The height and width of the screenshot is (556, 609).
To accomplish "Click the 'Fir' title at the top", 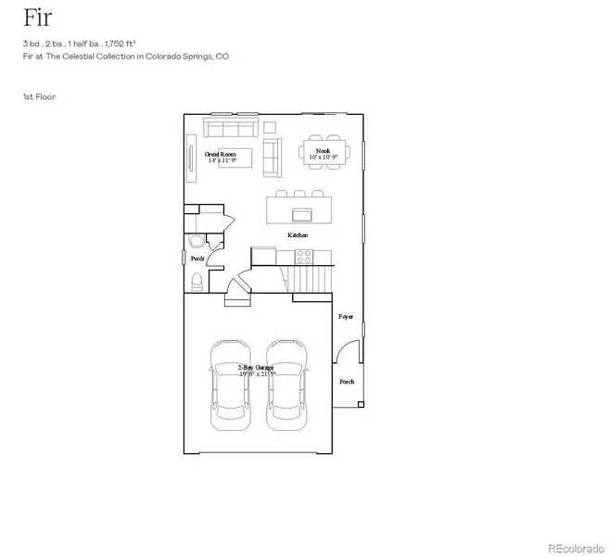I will [37, 19].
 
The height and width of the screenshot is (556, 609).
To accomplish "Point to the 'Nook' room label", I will [323, 151].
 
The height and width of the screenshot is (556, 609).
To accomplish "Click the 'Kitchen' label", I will [298, 235].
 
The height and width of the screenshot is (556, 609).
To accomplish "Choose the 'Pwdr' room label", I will [197, 259].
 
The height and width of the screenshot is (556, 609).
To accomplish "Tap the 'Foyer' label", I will [346, 317].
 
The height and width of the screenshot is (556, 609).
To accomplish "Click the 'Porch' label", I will [347, 382].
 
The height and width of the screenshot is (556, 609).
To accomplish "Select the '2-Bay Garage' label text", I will [256, 368].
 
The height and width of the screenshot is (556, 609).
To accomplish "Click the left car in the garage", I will [230, 385].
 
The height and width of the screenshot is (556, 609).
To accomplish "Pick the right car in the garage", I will [285, 385].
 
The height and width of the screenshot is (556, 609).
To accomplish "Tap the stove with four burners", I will [303, 257].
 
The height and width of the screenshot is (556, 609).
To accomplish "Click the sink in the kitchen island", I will [301, 215].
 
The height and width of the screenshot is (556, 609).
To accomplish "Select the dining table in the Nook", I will [324, 154].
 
